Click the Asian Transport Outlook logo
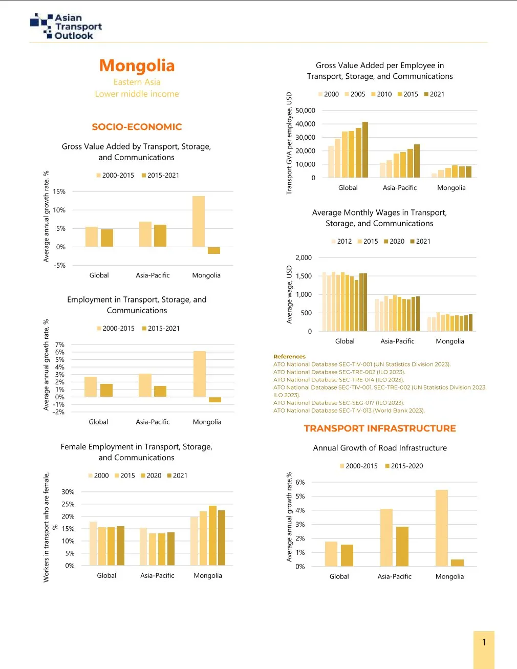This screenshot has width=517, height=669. click(x=66, y=27)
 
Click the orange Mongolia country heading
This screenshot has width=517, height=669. click(x=137, y=66)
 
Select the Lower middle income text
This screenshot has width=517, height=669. click(x=137, y=94)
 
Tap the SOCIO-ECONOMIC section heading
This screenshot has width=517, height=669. click(x=137, y=127)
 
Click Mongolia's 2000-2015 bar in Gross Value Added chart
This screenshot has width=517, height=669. click(x=199, y=221)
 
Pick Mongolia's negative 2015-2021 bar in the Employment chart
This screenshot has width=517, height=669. click(x=215, y=400)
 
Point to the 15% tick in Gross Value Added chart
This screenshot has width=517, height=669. click(x=59, y=192)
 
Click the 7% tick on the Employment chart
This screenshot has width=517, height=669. click(x=60, y=345)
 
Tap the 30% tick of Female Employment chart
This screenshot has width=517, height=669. click(x=68, y=492)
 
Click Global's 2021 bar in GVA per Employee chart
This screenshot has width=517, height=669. click(x=365, y=149)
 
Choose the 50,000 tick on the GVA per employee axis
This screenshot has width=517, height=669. click(x=306, y=111)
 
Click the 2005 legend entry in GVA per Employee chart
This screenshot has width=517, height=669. click(x=355, y=94)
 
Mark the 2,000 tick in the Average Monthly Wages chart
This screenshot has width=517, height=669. click(x=304, y=258)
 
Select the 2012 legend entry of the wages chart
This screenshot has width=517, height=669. click(x=341, y=242)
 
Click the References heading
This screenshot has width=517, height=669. click(x=289, y=357)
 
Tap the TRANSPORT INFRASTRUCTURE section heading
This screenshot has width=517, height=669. click(x=380, y=428)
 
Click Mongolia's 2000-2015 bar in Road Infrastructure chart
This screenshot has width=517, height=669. click(x=441, y=528)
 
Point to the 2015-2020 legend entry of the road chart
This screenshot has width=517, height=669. click(x=404, y=466)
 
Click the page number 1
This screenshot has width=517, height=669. click(x=484, y=642)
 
